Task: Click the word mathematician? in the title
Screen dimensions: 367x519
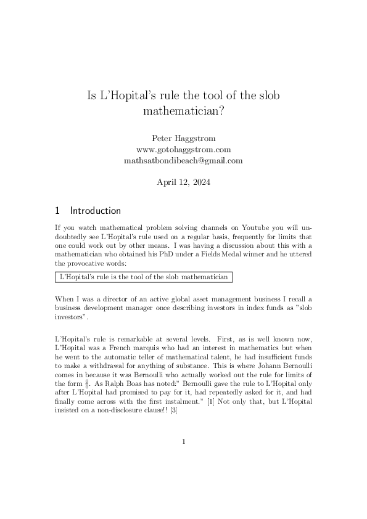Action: click(x=183, y=112)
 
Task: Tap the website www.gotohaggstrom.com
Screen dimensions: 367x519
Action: click(x=183, y=149)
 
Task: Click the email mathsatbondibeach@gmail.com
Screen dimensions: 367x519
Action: click(x=183, y=160)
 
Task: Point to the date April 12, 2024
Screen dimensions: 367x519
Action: click(x=183, y=182)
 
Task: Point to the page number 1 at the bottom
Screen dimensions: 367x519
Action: click(x=183, y=441)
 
